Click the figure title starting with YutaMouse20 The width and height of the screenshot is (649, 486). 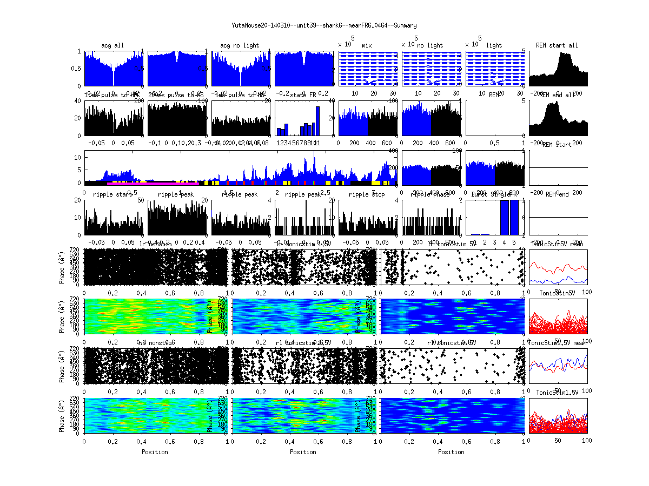coord(324,25)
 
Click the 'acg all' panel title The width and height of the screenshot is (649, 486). coord(112,45)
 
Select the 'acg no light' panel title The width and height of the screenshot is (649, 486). coord(240,45)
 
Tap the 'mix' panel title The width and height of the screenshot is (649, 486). coord(367,45)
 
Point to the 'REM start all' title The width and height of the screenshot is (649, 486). coord(557,45)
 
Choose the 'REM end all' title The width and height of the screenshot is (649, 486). coord(557,95)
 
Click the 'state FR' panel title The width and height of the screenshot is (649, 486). coord(305,95)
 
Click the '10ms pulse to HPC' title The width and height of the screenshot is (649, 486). coord(112,95)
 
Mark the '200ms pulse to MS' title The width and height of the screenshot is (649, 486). coord(176,95)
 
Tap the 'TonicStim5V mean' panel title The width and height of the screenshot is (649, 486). coord(557,244)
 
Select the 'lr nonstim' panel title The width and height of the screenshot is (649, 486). coord(157,244)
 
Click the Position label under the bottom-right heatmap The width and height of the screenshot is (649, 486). coord(452,451)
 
